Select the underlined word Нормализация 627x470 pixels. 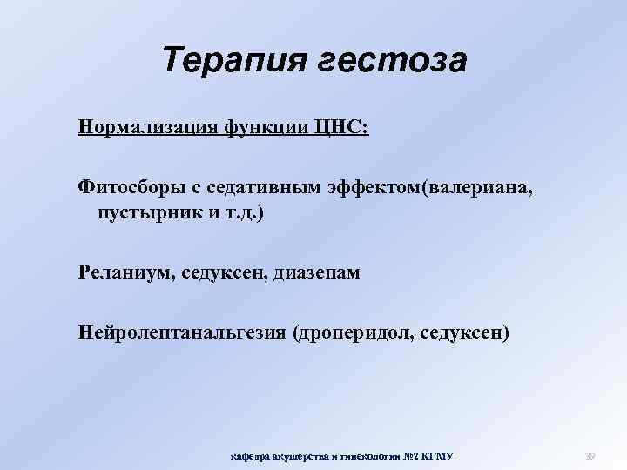click(x=140, y=128)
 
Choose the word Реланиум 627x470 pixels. click(x=126, y=272)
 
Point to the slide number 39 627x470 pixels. click(x=590, y=454)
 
